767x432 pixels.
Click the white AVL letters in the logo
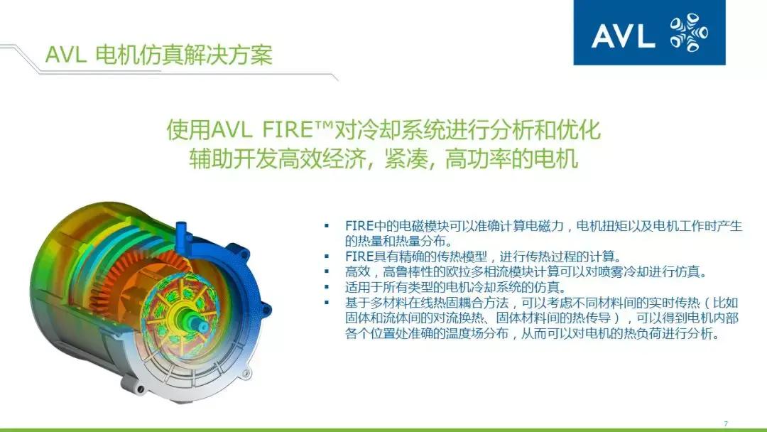point(623,36)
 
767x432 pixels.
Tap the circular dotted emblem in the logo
point(688,34)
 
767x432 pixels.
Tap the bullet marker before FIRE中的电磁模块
point(327,226)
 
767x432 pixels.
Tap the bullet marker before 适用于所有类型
point(327,287)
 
